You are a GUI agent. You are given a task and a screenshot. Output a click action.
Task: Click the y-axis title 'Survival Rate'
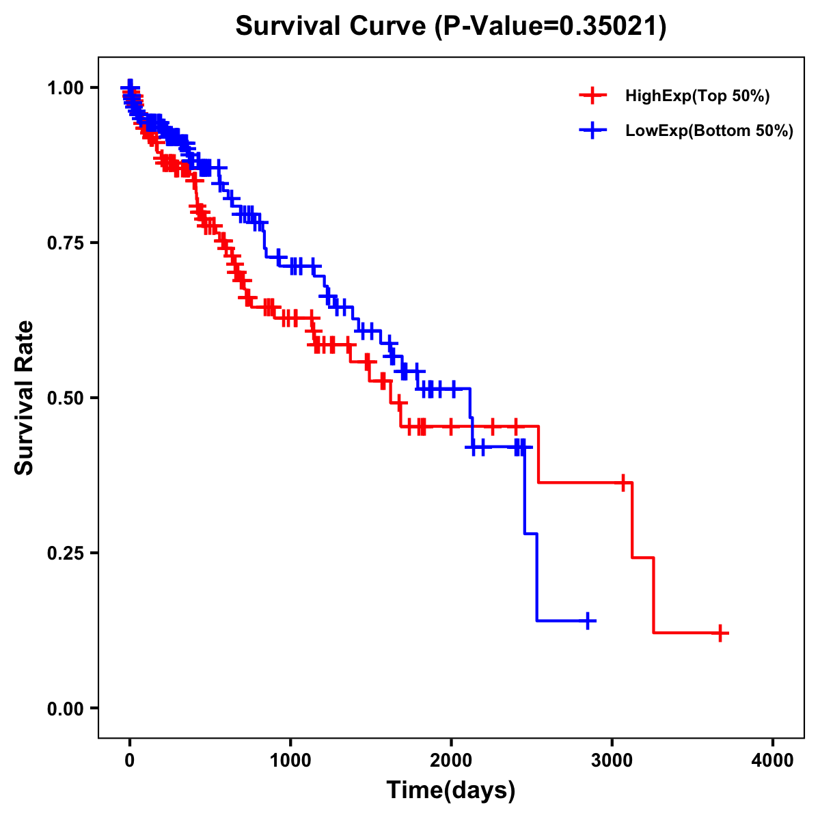[25, 397]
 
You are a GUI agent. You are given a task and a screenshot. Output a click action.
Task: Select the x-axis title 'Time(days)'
[451, 790]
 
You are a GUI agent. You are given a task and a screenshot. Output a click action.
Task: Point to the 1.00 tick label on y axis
[64, 87]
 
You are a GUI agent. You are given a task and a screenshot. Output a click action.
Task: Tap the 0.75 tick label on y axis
[64, 243]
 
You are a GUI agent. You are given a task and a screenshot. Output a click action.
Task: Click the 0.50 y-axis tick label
[64, 398]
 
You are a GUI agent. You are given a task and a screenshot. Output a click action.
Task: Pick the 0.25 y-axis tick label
[64, 553]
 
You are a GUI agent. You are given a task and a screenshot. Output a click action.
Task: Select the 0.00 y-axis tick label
[64, 708]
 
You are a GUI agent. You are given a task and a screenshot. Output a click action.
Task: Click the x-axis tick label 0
[130, 761]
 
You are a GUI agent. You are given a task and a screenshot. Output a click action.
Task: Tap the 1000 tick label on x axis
[290, 761]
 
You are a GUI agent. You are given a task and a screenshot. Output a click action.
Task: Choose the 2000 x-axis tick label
[451, 761]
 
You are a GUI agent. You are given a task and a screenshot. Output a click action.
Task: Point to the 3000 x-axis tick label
[612, 761]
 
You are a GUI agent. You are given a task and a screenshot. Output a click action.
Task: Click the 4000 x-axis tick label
[773, 761]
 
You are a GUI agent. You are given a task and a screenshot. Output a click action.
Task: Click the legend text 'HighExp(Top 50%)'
[698, 96]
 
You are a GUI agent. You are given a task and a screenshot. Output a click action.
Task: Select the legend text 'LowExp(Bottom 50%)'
[709, 131]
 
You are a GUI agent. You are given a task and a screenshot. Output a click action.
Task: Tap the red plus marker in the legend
[592, 96]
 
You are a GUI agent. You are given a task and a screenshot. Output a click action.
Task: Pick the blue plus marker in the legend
[592, 131]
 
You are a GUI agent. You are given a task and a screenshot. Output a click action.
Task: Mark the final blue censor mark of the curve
[587, 620]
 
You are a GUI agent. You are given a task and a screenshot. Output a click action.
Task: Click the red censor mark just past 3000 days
[623, 482]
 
